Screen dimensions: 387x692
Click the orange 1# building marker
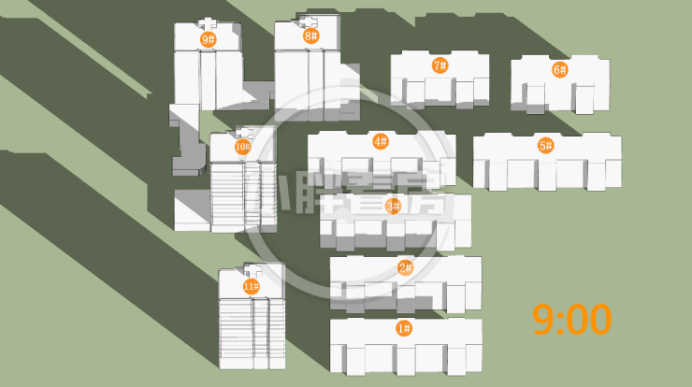(x=404, y=328)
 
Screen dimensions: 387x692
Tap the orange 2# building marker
(x=405, y=268)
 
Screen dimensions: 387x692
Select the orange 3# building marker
(x=393, y=206)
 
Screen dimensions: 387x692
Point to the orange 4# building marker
(x=380, y=142)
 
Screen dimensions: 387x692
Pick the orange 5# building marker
(x=546, y=146)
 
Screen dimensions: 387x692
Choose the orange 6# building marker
(x=559, y=69)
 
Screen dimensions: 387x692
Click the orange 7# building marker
(x=440, y=65)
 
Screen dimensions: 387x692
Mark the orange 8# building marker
(x=311, y=36)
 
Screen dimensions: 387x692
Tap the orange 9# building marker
(x=208, y=39)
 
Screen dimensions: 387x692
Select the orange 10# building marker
(x=242, y=147)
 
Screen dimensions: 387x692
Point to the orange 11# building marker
(x=251, y=286)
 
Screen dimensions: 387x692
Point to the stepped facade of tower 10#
(x=227, y=196)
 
